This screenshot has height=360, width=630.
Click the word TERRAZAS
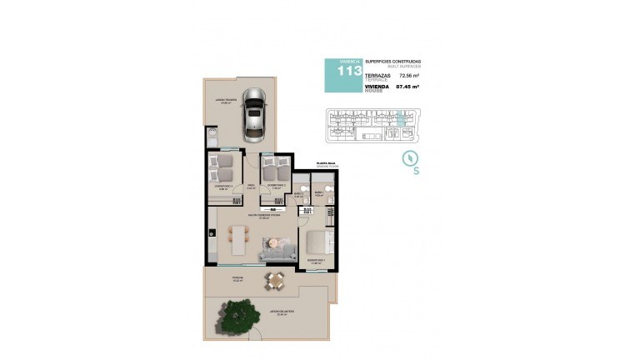pyautogui.click(x=377, y=74)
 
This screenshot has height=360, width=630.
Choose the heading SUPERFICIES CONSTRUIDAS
pyautogui.click(x=393, y=62)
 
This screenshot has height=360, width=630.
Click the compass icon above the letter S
pyautogui.click(x=410, y=159)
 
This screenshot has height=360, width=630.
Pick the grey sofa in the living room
pyautogui.click(x=277, y=247)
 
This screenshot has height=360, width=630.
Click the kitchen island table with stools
pyautogui.click(x=240, y=241)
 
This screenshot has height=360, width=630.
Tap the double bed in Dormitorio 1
pyautogui.click(x=318, y=244)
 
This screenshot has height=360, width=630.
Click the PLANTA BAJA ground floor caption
pyautogui.click(x=326, y=165)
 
